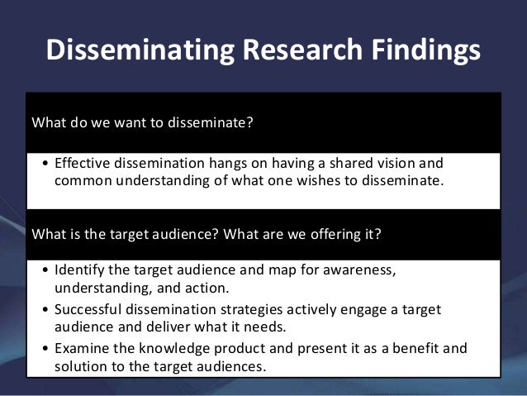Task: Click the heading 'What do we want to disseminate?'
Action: coord(140,126)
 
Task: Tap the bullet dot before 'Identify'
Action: coord(44,271)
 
